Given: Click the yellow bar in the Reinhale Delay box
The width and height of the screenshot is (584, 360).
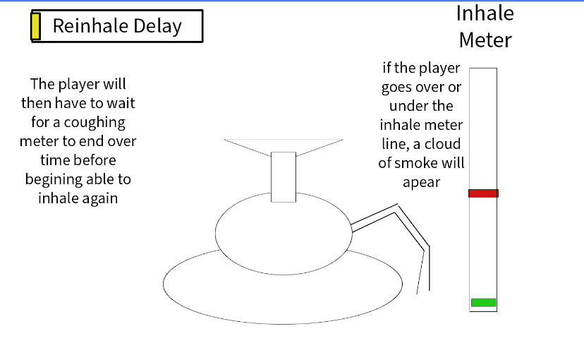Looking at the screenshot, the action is pos(36,26).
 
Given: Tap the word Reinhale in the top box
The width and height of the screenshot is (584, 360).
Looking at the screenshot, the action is pos(90,26).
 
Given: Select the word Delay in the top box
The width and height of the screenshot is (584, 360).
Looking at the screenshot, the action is pos(157,26).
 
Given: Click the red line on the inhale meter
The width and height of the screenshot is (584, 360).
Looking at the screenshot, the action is pos(483,193).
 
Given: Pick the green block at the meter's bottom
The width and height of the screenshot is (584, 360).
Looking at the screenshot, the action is pos(483,303).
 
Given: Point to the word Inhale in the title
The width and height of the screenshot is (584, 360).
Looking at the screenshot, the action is pos(485,13).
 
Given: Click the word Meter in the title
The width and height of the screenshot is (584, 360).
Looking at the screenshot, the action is pos(485,40).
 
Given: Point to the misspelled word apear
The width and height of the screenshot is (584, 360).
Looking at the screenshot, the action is pos(422,183).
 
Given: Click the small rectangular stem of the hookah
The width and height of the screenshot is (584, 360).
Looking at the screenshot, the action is pos(284,177).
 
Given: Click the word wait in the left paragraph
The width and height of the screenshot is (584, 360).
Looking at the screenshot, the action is pos(121,103).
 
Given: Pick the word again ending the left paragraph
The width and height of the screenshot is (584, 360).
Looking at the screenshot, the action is pos(100,198).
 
